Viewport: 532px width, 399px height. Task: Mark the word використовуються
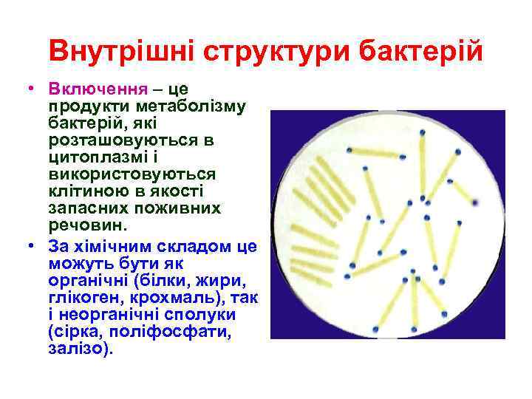pos(132,174)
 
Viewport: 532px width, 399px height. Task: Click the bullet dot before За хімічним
pos(35,246)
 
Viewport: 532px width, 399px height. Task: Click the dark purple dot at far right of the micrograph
pos(474,201)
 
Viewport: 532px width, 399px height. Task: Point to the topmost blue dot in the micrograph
pos(423,134)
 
